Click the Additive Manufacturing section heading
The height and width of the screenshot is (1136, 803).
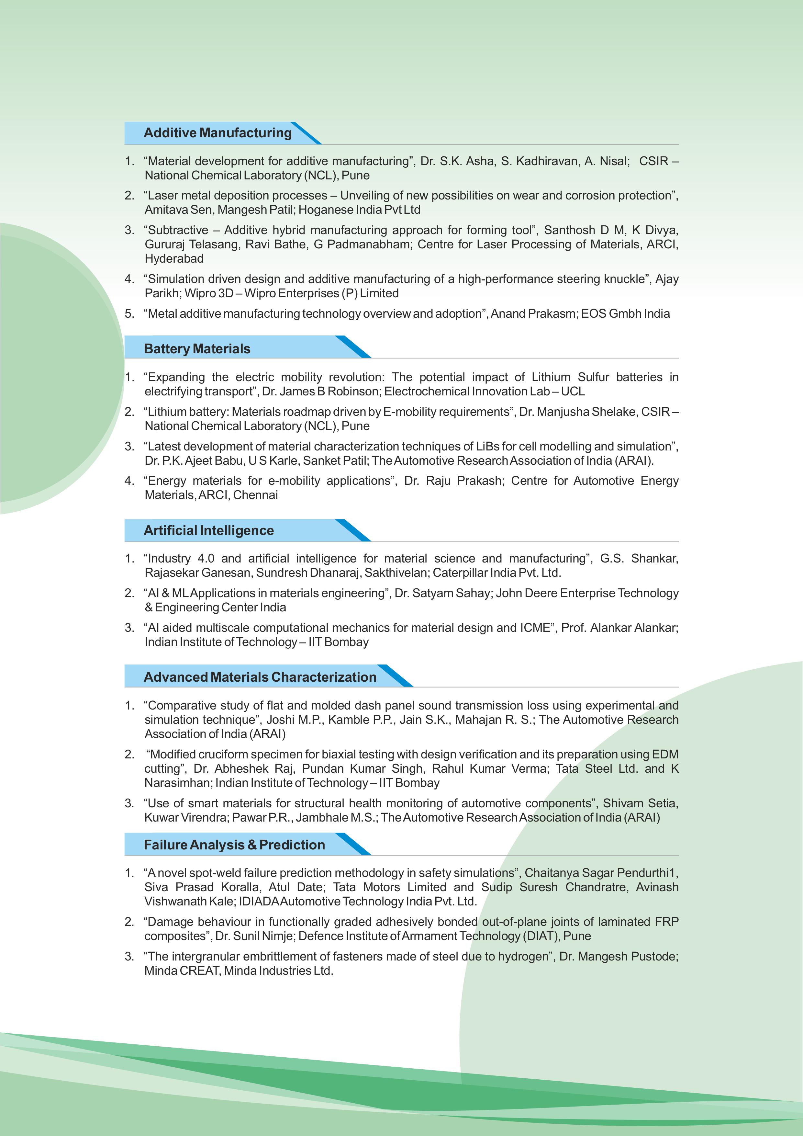[217, 132]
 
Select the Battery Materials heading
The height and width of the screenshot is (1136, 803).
[197, 349]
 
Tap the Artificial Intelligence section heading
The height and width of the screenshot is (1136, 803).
[209, 530]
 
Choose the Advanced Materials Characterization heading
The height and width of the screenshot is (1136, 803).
[260, 677]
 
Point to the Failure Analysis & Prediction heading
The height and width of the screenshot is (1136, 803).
[234, 845]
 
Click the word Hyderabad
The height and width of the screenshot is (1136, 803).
[174, 259]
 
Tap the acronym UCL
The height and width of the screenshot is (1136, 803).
[573, 392]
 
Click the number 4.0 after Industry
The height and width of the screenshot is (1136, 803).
[206, 559]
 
